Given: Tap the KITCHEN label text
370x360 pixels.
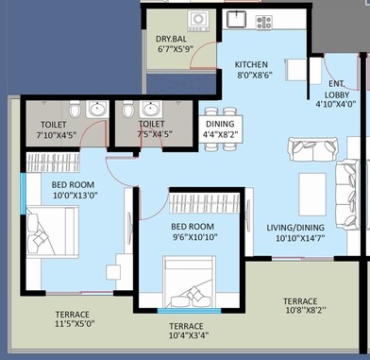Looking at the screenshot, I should pos(251,64).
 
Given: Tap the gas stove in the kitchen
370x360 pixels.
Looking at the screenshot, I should pos(261,21).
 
